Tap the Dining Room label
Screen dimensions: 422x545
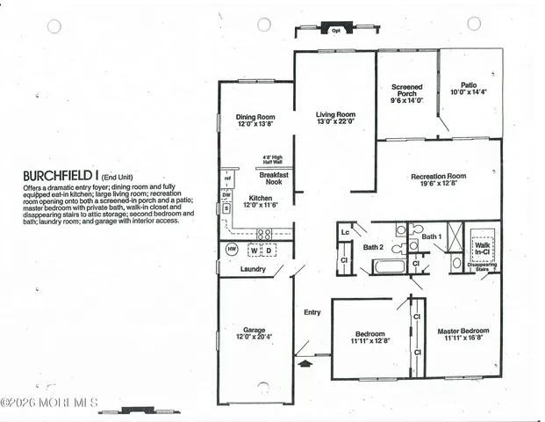255,120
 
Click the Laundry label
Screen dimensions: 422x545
253,269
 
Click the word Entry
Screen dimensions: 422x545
312,312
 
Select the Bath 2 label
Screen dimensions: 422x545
375,248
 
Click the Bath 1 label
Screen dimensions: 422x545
431,236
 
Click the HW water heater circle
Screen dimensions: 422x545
232,250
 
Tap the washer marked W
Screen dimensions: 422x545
255,250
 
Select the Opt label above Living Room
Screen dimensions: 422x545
335,31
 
